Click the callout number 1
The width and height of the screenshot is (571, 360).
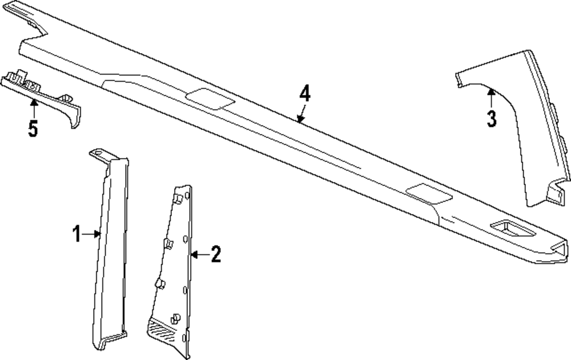tap(77, 234)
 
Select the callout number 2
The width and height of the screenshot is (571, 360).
tap(216, 254)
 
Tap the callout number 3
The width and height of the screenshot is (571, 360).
tap(492, 119)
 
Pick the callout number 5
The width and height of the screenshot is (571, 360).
tap(33, 128)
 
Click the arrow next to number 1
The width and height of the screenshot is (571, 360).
tap(91, 234)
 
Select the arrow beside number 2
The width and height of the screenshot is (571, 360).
tap(200, 255)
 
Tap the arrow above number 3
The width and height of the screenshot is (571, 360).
tap(492, 98)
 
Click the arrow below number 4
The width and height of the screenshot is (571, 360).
tap(301, 113)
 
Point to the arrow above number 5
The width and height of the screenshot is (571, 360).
tap(34, 108)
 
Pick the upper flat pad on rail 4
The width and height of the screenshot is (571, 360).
tap(210, 98)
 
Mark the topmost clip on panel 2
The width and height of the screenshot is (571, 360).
tap(178, 199)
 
